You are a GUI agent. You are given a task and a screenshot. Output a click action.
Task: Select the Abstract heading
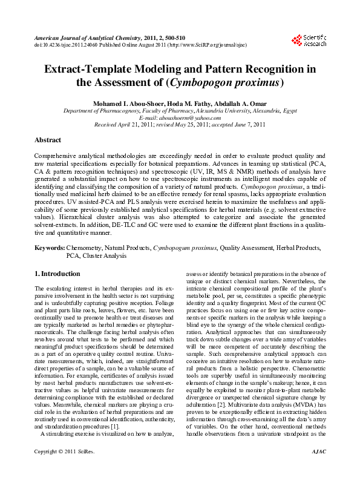coord(48,140)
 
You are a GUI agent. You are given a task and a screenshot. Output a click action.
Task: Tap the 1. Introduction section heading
coord(58,274)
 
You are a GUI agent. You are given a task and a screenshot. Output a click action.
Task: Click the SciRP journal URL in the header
coord(198,44)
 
